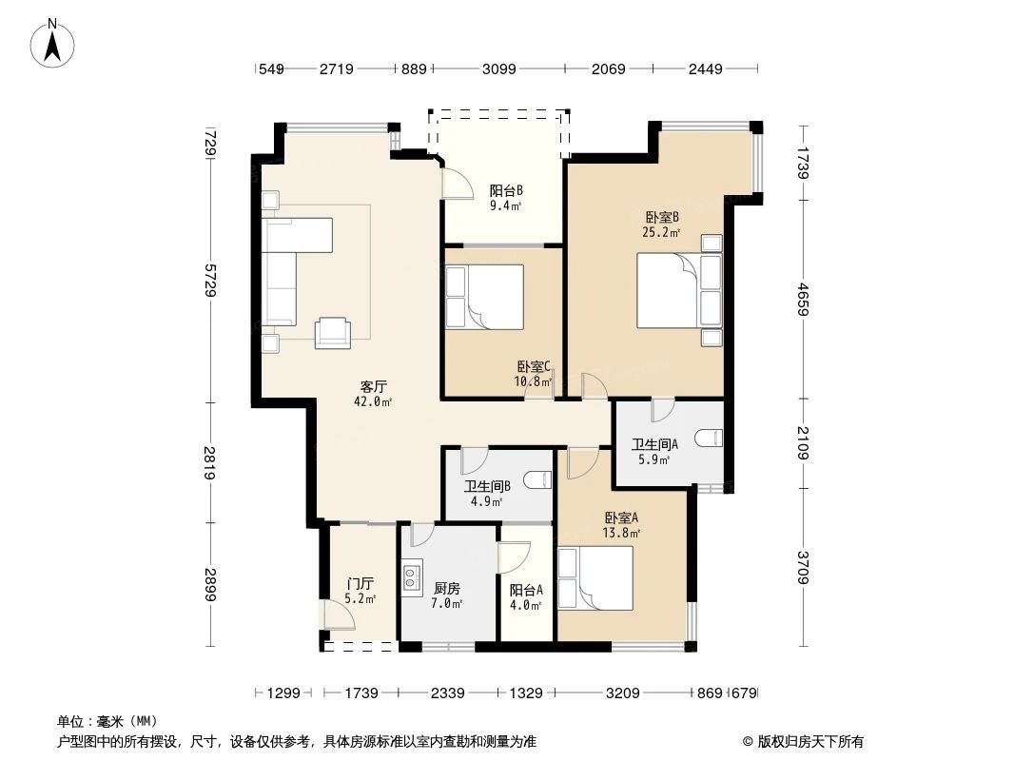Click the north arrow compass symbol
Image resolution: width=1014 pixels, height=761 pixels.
(x=54, y=44)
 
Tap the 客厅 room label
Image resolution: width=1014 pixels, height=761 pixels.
(x=373, y=386)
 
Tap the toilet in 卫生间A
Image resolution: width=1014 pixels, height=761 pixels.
(x=710, y=439)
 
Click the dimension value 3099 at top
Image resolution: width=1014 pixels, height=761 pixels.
(x=498, y=68)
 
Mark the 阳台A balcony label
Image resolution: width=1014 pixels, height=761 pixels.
(x=526, y=590)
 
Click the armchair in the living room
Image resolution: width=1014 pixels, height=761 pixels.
(x=333, y=329)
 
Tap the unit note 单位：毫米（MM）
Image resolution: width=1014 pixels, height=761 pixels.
(x=107, y=721)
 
